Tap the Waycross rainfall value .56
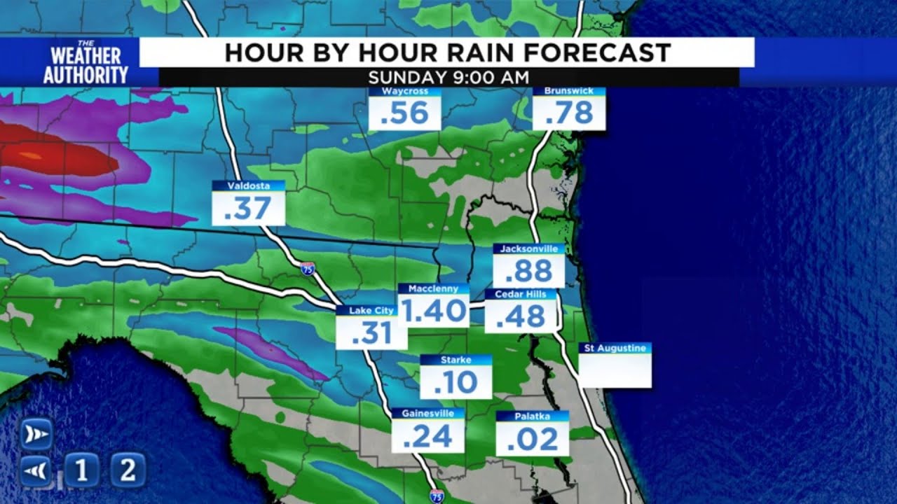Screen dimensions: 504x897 [x=404, y=113]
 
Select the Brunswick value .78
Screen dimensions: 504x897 [x=569, y=113]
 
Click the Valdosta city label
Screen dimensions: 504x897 [x=248, y=185]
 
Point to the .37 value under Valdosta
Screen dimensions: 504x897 [x=248, y=209]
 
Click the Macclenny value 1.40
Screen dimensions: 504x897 [x=434, y=311]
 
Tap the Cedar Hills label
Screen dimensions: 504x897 [x=520, y=294]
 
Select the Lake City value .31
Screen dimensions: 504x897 [x=371, y=333]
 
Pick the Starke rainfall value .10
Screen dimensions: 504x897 [x=456, y=382]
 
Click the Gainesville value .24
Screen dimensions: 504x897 [x=427, y=437]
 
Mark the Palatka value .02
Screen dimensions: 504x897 [x=532, y=440]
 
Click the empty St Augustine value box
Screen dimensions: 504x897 [x=615, y=371]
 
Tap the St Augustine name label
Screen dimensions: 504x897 [x=615, y=348]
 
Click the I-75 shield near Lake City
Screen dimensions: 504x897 [x=308, y=268]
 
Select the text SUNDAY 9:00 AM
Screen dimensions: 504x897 [x=448, y=77]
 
